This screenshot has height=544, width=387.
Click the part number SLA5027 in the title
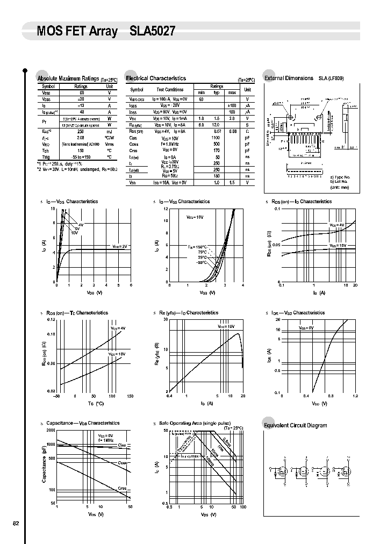[152, 32]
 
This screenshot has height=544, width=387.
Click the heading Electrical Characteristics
[156, 78]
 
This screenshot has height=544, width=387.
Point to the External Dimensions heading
[289, 78]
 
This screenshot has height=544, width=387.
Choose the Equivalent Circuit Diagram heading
[295, 425]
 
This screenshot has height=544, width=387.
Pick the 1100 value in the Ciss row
[216, 138]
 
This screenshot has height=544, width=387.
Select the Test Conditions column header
[170, 90]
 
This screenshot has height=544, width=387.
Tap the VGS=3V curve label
[120, 246]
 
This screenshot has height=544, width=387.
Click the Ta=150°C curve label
[197, 247]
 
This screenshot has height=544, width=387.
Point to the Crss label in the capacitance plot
[122, 488]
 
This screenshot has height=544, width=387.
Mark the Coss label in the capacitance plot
[123, 463]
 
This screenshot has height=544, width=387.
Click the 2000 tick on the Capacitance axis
[51, 431]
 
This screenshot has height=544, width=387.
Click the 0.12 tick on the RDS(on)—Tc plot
[51, 319]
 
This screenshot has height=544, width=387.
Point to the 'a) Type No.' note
[340, 177]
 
